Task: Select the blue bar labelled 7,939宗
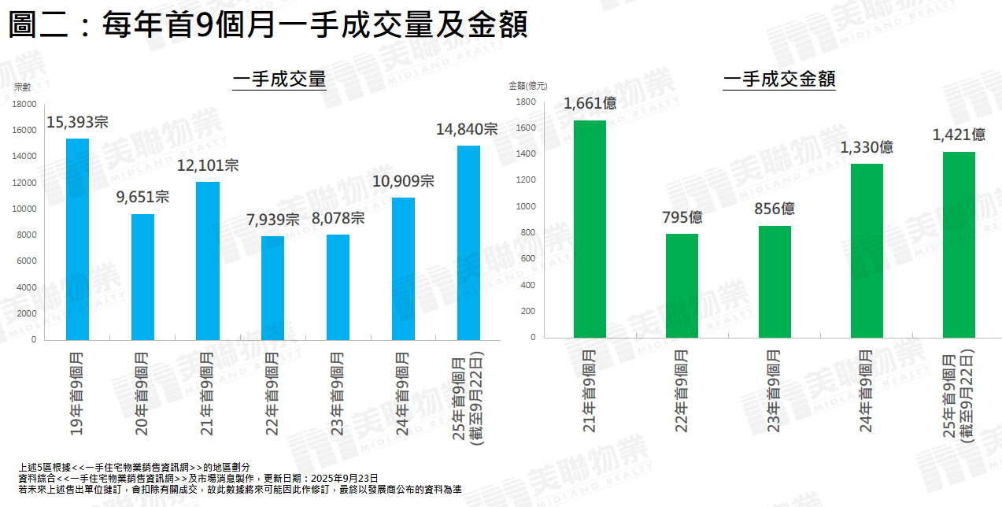click(x=272, y=287)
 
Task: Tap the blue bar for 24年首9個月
click(x=403, y=268)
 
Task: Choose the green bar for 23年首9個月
click(x=775, y=281)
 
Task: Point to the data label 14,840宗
click(x=467, y=129)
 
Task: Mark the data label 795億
click(x=682, y=216)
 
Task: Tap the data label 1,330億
click(x=867, y=147)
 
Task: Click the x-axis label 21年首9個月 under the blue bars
click(x=207, y=394)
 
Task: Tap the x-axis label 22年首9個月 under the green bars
click(x=682, y=390)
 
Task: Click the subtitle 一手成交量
click(x=279, y=79)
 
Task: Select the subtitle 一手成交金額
click(x=779, y=79)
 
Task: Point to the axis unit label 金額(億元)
click(x=527, y=85)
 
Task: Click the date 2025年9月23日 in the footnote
click(x=344, y=478)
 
